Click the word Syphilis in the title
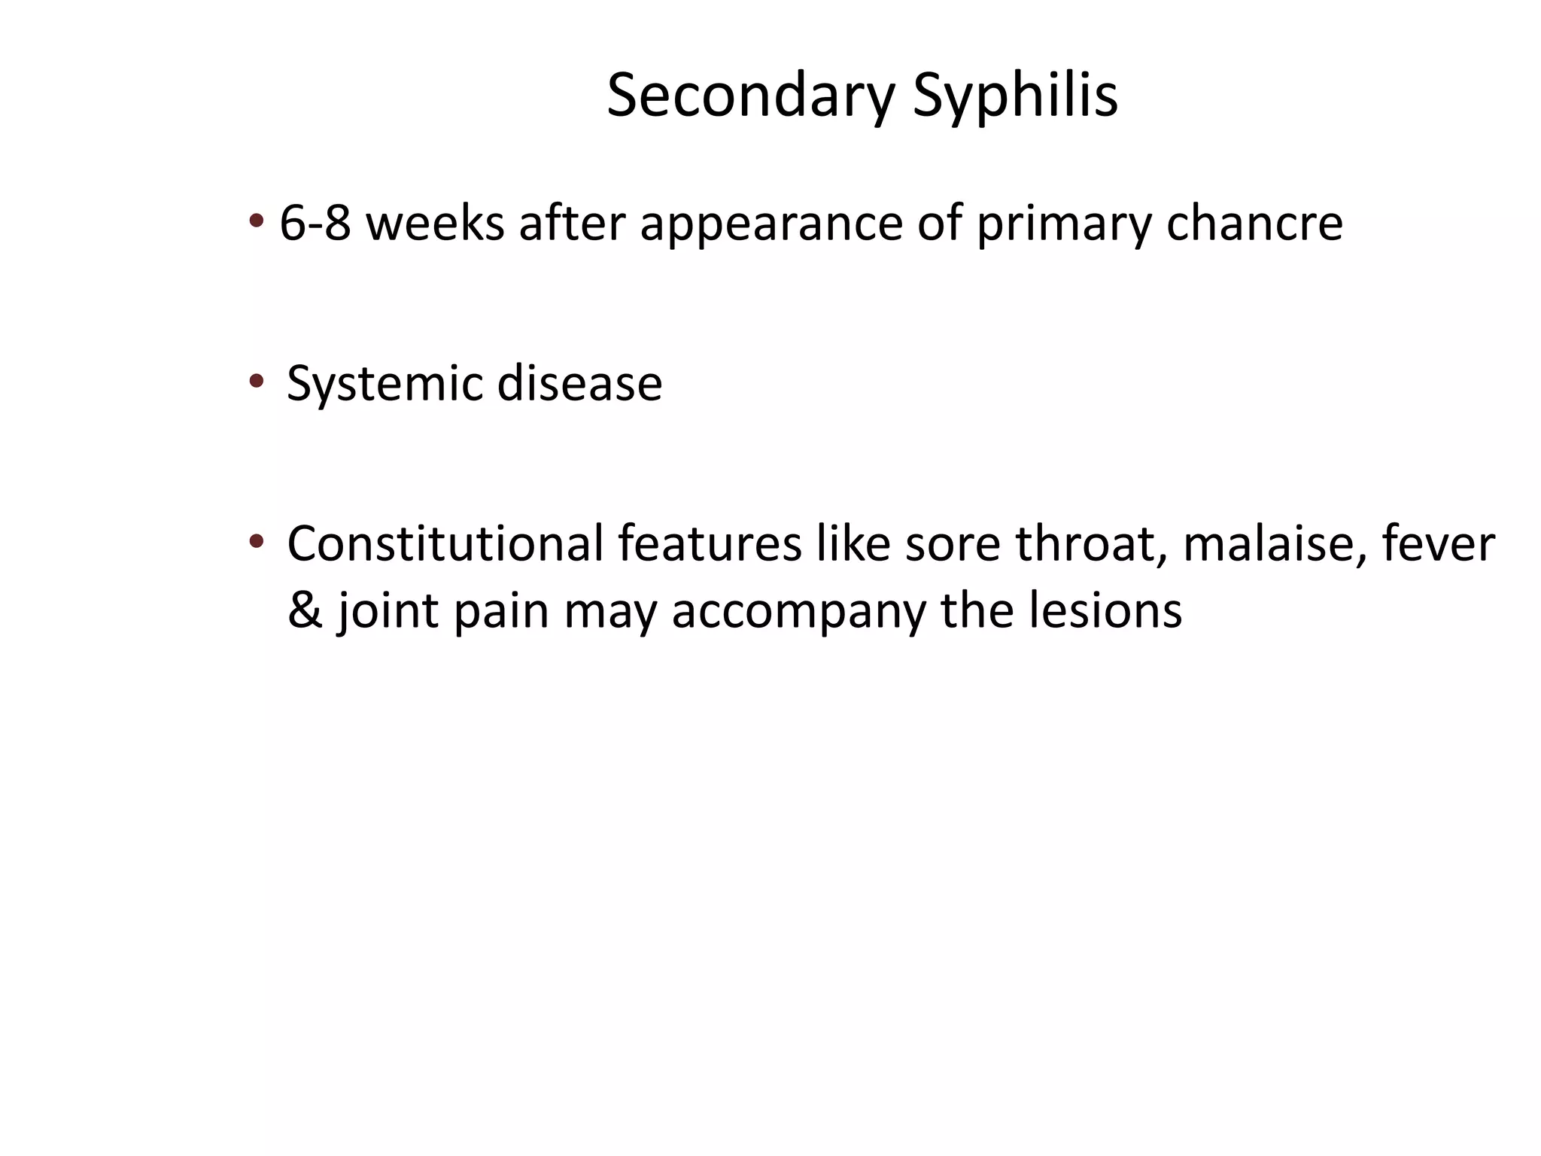tap(1015, 96)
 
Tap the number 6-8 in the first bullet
tap(315, 224)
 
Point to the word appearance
tap(770, 224)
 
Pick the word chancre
tap(1254, 224)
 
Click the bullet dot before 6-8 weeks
tap(257, 221)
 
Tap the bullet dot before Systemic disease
tap(257, 382)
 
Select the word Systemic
tap(384, 383)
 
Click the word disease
tap(579, 383)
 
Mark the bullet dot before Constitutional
tap(257, 540)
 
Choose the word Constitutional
tap(445, 543)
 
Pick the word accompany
tap(798, 610)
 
